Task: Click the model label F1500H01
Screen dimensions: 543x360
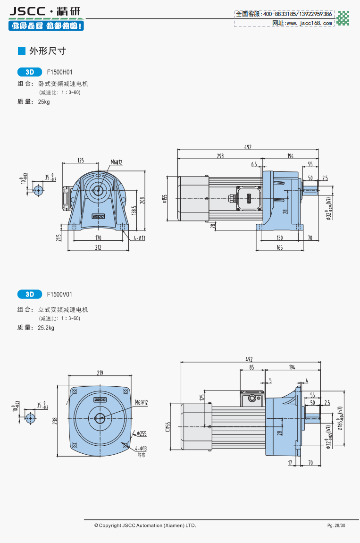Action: [59, 72]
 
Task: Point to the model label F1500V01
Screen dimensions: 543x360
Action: [59, 295]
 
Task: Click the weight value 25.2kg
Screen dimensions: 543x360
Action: [46, 328]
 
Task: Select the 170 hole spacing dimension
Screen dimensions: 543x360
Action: [98, 238]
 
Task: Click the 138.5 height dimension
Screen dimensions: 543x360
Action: [134, 210]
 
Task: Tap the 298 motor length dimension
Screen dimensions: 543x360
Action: [220, 156]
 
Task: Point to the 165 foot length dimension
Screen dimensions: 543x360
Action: [279, 247]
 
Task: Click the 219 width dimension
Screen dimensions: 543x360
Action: [100, 373]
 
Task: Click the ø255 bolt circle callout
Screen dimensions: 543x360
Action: [142, 433]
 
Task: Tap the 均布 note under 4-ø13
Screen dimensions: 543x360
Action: [141, 455]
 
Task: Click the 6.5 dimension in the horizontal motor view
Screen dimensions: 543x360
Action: [254, 164]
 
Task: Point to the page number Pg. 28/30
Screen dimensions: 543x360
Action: [336, 525]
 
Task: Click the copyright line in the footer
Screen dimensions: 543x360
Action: [145, 525]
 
